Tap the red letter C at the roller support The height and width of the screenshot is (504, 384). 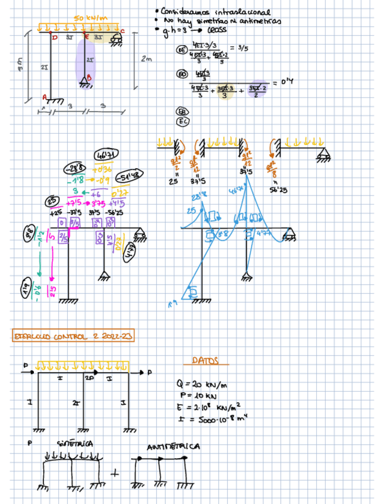(122, 31)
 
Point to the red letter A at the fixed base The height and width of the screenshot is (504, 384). (44, 96)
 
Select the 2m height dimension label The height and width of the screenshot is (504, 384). (146, 59)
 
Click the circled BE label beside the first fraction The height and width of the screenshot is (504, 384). (182, 52)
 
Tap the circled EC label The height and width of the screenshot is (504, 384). (182, 122)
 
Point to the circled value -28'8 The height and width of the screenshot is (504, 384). (75, 168)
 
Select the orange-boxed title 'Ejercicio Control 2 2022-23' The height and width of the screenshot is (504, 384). (73, 336)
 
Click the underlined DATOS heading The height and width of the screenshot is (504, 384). (206, 361)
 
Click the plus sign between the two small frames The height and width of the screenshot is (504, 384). (115, 474)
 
